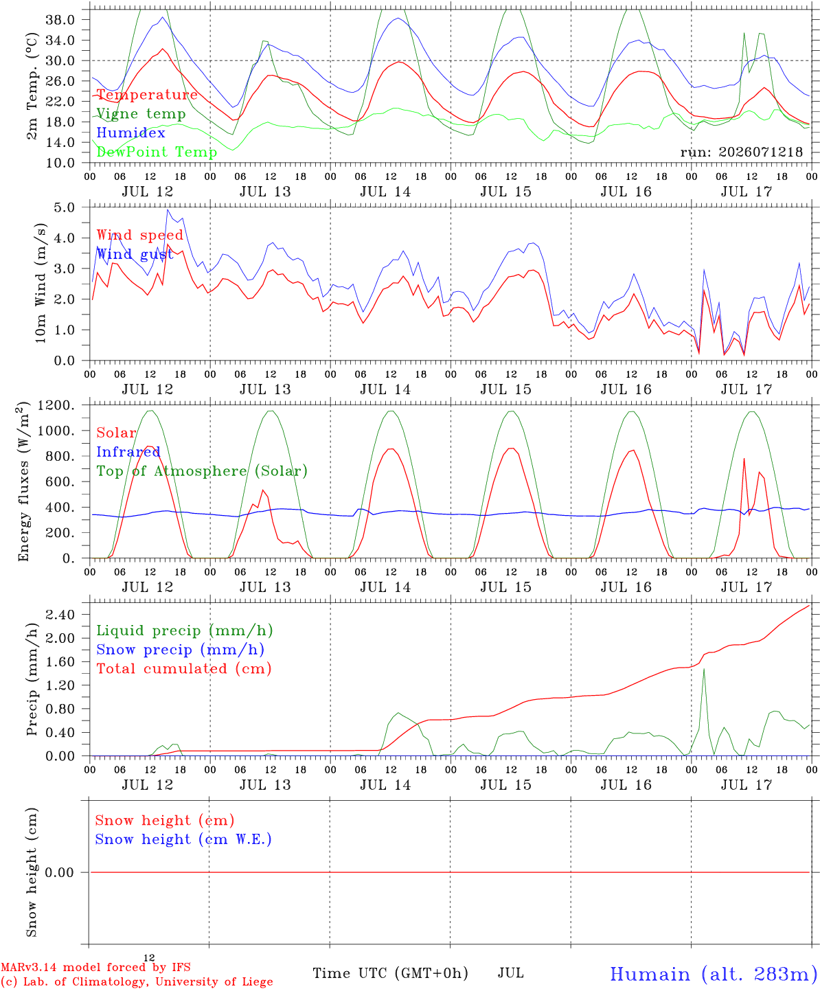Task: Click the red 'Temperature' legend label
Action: [147, 95]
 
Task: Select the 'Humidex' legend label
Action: [130, 133]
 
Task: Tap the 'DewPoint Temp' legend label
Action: [157, 152]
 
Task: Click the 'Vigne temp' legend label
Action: [141, 114]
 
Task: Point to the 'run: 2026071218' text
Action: [741, 152]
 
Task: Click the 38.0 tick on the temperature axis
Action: [60, 20]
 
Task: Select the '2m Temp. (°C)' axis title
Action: [32, 86]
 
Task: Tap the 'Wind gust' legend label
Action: [135, 254]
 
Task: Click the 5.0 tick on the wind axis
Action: [65, 207]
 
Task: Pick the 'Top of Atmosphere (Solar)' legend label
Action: [202, 471]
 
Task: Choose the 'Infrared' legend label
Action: [128, 452]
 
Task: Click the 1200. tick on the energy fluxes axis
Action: [56, 405]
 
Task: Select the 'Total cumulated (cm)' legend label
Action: [184, 669]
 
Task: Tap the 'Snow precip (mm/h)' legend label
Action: [180, 650]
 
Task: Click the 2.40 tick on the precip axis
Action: [60, 615]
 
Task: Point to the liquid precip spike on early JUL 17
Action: [704, 669]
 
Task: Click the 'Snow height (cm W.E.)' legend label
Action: [183, 839]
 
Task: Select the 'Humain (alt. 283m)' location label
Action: [714, 975]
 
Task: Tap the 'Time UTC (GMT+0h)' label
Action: [390, 973]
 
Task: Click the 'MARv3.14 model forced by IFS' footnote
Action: [95, 967]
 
